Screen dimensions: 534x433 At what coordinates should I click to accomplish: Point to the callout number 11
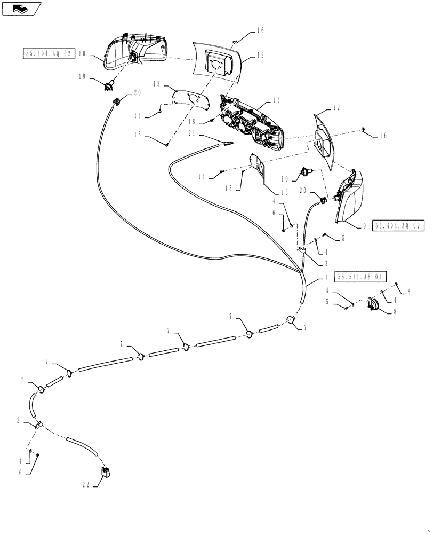[x=276, y=100]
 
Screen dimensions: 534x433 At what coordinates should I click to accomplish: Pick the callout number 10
[x=82, y=53]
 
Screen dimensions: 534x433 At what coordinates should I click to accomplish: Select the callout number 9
[x=364, y=226]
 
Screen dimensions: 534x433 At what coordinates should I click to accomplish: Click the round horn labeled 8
[x=373, y=305]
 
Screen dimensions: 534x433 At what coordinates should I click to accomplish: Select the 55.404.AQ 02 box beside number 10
[x=47, y=53]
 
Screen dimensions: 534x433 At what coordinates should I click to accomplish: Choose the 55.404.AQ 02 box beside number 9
[x=398, y=226]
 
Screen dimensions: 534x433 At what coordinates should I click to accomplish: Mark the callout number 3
[x=326, y=263]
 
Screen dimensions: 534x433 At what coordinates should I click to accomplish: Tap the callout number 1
[x=326, y=278]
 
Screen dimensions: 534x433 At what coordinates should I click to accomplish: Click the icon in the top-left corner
[x=21, y=8]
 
